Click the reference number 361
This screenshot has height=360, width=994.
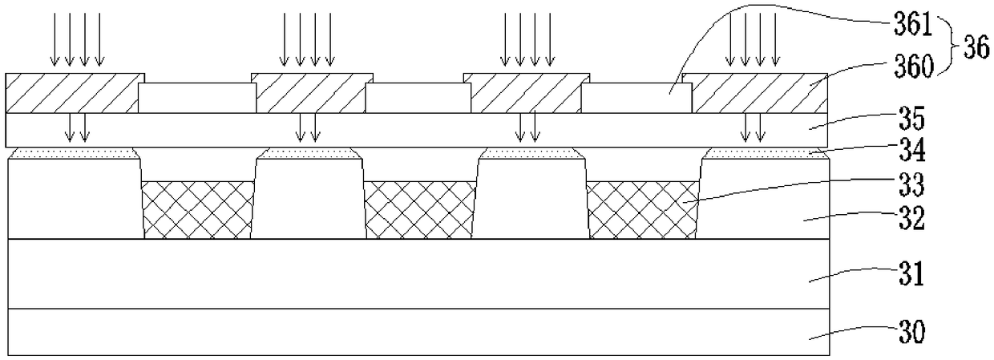[x=913, y=23]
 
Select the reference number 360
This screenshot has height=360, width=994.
[x=914, y=67]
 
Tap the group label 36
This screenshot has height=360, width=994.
[x=976, y=47]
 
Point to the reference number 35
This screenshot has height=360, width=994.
[x=912, y=119]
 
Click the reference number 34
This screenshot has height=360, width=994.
[x=912, y=151]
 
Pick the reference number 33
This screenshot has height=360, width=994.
[x=912, y=185]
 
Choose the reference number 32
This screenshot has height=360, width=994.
[x=912, y=218]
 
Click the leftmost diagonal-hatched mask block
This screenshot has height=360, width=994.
[x=75, y=93]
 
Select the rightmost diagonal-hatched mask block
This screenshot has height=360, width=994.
[x=755, y=93]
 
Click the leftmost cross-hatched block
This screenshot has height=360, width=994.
[x=198, y=210]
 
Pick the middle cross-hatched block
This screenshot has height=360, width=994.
[x=420, y=210]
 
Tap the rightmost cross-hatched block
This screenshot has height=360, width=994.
[x=643, y=210]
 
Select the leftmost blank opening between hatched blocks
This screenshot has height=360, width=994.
[x=197, y=98]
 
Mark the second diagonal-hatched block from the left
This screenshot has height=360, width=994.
[x=313, y=93]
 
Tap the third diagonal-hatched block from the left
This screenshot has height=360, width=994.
[x=527, y=93]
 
